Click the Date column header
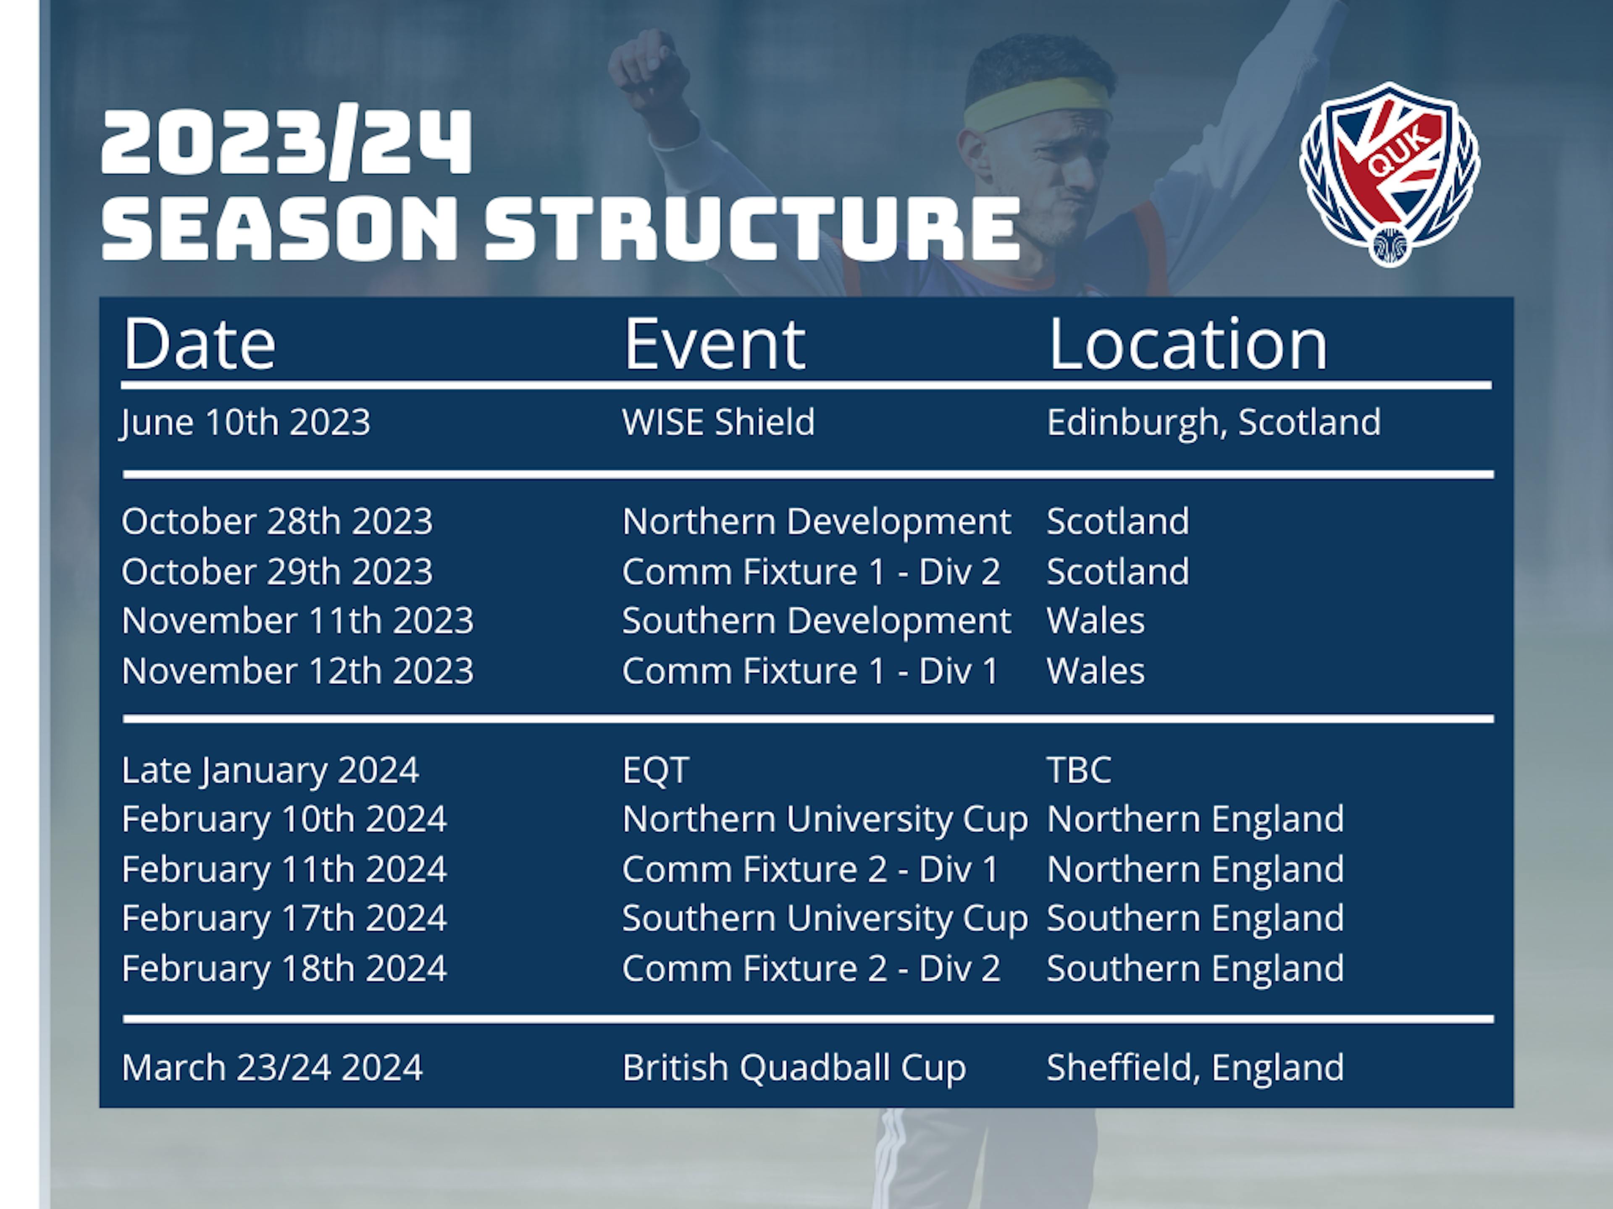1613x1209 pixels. (x=199, y=344)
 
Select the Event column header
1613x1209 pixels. (x=715, y=344)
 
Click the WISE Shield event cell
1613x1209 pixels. (x=718, y=422)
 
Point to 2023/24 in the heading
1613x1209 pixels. (x=286, y=142)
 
